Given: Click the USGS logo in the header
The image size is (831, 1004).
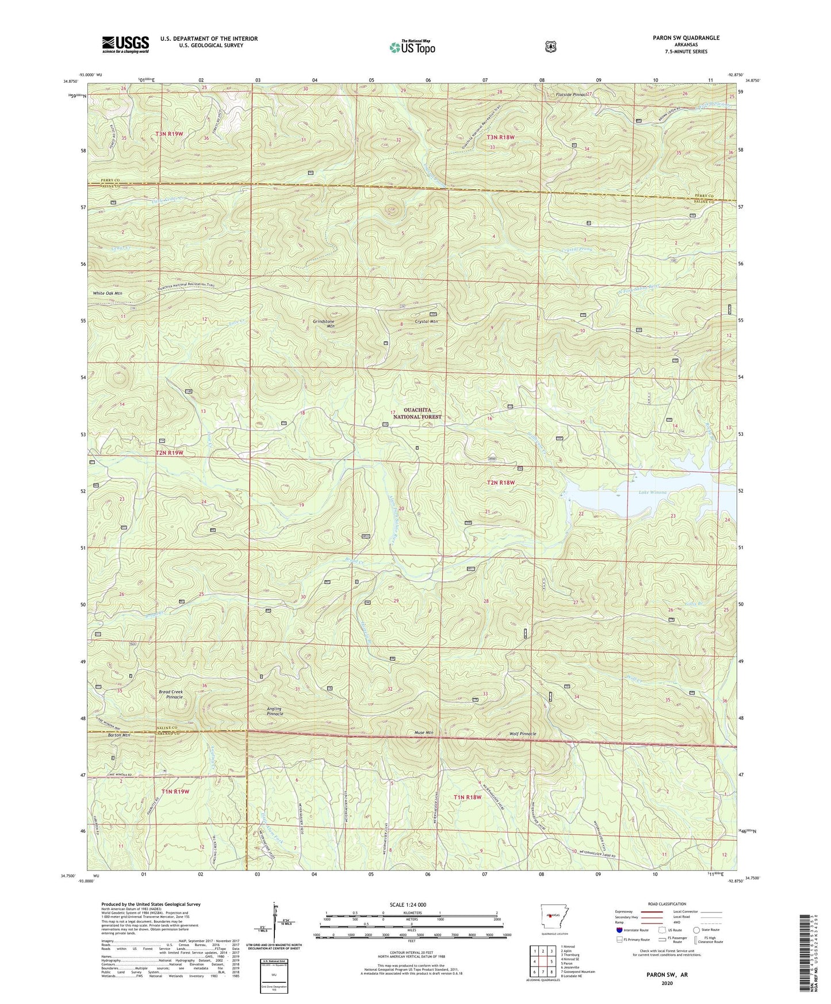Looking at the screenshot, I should click(x=125, y=44).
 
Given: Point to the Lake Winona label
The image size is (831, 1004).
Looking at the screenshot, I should click(x=653, y=492).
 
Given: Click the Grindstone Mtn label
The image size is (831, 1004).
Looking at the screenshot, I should click(x=323, y=324).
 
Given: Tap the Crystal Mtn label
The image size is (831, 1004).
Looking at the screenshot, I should click(x=427, y=321).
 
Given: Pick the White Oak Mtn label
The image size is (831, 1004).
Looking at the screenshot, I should click(x=108, y=293).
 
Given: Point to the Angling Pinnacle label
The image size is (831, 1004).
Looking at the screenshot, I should click(x=275, y=711).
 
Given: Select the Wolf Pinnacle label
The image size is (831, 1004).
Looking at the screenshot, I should click(x=522, y=734).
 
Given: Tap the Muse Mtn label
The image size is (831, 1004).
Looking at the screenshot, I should click(x=423, y=733).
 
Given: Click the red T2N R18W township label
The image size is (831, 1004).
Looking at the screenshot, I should click(x=500, y=482).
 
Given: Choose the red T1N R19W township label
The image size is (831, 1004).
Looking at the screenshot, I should click(x=175, y=792).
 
